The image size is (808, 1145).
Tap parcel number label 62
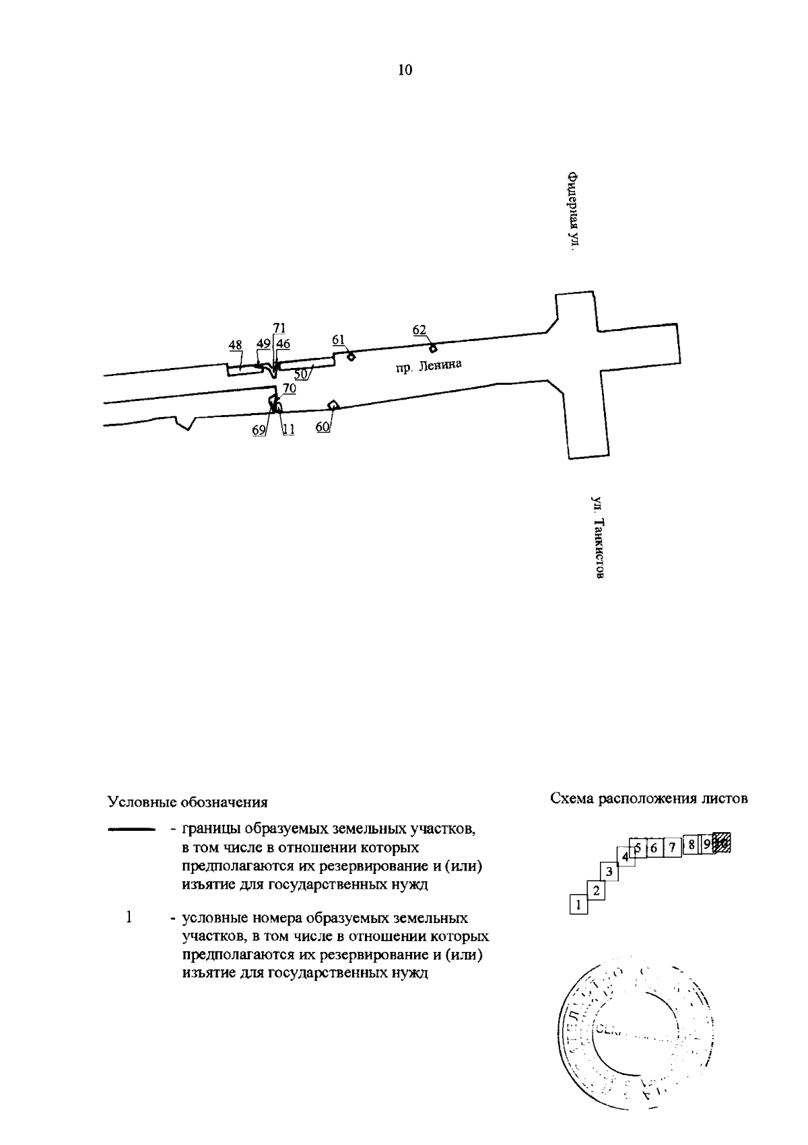click(419, 330)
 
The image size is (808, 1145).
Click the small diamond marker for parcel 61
click(351, 357)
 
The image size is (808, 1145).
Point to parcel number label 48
click(235, 345)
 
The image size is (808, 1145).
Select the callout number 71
click(279, 328)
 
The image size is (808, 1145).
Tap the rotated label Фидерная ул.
click(573, 211)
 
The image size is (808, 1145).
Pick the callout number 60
click(323, 427)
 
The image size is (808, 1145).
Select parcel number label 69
click(259, 430)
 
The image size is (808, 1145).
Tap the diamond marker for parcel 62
click(433, 348)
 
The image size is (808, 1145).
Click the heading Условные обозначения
click(188, 803)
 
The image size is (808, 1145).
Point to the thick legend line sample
click(132, 830)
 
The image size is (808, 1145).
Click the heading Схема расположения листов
click(649, 799)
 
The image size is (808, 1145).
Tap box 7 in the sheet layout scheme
click(671, 847)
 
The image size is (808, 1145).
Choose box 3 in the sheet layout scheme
click(609, 872)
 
